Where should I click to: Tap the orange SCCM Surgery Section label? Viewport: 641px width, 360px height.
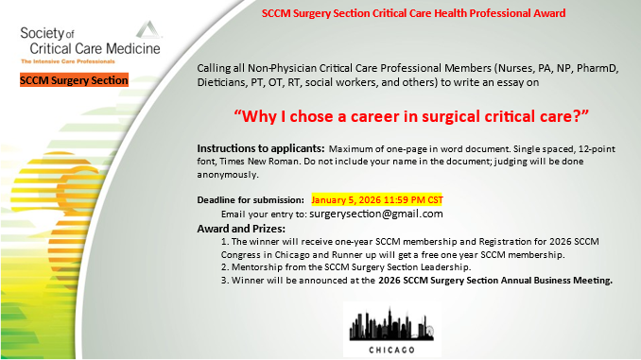[74, 81]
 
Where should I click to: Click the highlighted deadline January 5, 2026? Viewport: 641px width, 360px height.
[377, 200]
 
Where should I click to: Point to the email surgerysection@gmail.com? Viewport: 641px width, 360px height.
[363, 214]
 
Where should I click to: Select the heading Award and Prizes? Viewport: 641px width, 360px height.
[240, 229]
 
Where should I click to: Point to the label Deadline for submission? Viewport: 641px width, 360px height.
[251, 200]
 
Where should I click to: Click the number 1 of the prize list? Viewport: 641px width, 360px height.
[221, 242]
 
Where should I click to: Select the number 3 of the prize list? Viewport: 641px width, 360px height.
[221, 281]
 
